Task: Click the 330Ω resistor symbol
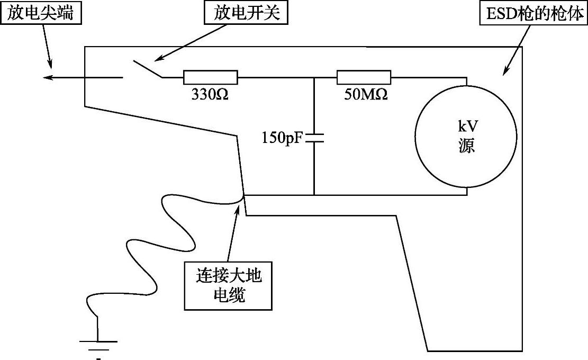[x=210, y=77]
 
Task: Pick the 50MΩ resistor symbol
[x=364, y=77]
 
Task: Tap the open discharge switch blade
[x=147, y=69]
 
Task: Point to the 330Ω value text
[x=210, y=95]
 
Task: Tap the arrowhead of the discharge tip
[x=48, y=78]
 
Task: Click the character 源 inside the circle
[x=466, y=146]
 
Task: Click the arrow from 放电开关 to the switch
[x=180, y=43]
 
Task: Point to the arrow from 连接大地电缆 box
[x=233, y=233]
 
